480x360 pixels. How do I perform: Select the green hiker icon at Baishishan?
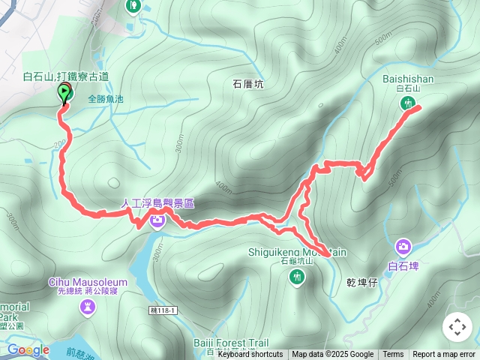click(x=408, y=103)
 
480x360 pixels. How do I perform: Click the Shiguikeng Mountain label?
click(x=298, y=252)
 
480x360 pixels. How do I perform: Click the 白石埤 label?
click(x=403, y=265)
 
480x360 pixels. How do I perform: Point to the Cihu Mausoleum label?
click(x=88, y=282)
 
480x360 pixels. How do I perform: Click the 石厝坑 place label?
click(x=248, y=85)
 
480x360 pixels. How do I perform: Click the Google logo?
click(x=28, y=349)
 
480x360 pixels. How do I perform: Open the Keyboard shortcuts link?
click(x=250, y=355)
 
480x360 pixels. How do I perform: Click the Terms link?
click(x=393, y=355)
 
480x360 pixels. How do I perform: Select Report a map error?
click(x=444, y=355)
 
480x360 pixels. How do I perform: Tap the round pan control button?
click(x=457, y=327)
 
